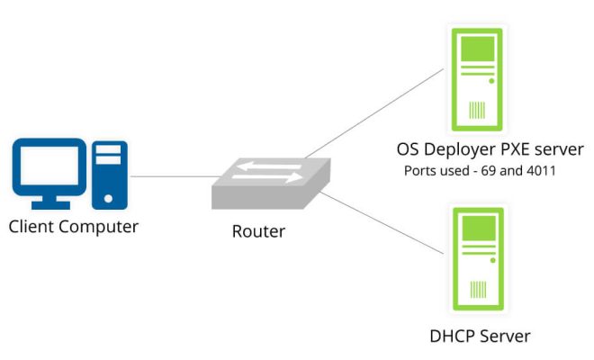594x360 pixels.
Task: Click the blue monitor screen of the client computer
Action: tap(49, 166)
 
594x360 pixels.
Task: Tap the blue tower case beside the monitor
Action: tap(110, 175)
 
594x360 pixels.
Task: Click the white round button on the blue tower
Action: tap(108, 198)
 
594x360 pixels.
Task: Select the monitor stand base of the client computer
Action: tap(50, 205)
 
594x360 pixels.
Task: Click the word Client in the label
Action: tap(31, 227)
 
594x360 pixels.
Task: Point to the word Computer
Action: tap(98, 228)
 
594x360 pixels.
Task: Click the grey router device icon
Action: tap(271, 184)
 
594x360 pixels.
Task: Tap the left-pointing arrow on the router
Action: tap(269, 166)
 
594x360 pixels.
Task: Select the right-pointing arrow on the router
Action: tap(267, 177)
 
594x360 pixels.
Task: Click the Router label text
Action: tap(258, 231)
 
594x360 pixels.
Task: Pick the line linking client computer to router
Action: tap(175, 176)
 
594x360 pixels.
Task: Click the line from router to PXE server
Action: tap(374, 112)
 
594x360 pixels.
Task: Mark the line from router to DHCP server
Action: tap(382, 223)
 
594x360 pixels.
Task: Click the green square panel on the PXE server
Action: tap(478, 49)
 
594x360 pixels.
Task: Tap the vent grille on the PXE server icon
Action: tap(477, 110)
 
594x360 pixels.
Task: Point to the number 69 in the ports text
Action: tap(489, 170)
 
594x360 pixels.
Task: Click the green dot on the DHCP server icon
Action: tap(493, 260)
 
